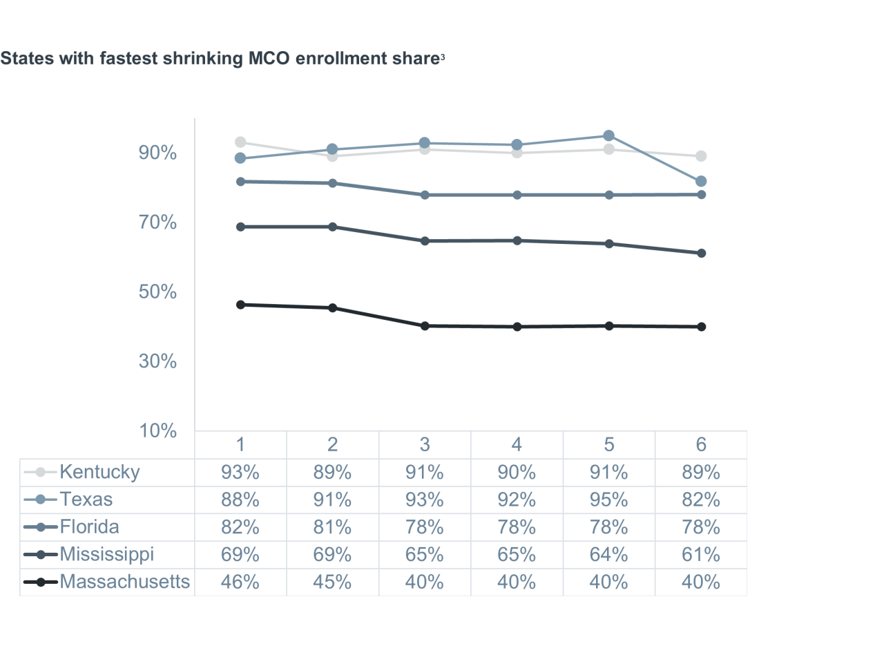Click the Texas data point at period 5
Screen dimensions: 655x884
tap(608, 136)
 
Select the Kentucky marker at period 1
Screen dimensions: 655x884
tap(240, 142)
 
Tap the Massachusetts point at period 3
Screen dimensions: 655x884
tap(425, 326)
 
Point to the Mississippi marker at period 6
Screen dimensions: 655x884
tap(701, 253)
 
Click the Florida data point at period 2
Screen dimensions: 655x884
tap(333, 183)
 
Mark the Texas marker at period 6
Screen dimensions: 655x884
tap(701, 181)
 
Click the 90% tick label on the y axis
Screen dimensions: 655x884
tap(158, 153)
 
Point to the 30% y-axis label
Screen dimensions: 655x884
tap(158, 361)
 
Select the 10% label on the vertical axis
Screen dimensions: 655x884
tap(158, 430)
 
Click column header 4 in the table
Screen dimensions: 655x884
tap(517, 444)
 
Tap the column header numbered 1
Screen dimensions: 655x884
tap(240, 444)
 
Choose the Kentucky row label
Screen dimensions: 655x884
tap(99, 472)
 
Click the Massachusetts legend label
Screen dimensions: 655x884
tap(124, 582)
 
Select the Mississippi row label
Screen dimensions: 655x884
tap(106, 554)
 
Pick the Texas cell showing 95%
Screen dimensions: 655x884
tap(608, 500)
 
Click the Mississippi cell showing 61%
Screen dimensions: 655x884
tap(701, 554)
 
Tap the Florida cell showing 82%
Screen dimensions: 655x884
tap(240, 526)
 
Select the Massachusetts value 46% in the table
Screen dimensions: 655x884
tap(240, 582)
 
